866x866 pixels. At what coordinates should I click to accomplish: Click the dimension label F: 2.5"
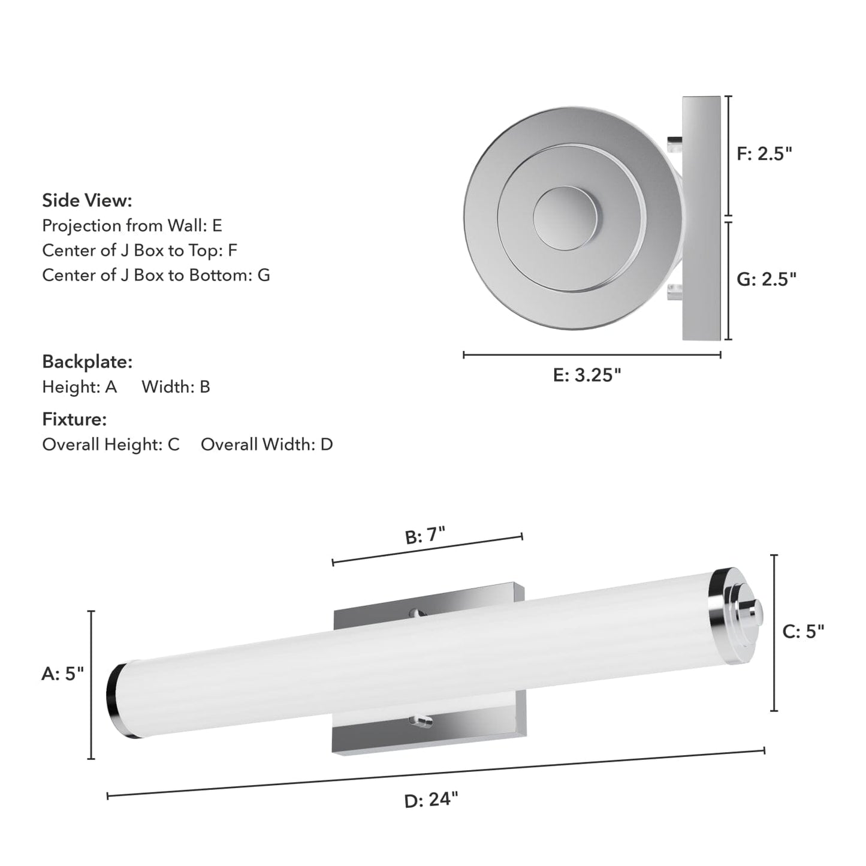point(764,154)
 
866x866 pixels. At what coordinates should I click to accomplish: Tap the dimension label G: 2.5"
point(766,279)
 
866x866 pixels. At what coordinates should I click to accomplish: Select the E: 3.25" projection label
point(587,375)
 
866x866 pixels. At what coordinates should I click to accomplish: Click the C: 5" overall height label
point(803,631)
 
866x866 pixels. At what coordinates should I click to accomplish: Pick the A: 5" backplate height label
point(62,674)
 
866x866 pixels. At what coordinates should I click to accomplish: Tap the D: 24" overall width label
point(431,799)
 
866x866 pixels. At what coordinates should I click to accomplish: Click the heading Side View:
point(87,201)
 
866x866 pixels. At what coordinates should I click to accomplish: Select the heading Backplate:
point(87,362)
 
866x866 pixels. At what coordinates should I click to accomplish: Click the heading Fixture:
point(74,420)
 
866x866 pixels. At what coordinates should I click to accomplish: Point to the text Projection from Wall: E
point(132,226)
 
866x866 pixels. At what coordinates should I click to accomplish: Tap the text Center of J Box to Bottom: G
point(156,275)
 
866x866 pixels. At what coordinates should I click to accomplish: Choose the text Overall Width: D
point(267,445)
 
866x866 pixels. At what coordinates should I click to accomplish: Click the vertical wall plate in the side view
point(702,218)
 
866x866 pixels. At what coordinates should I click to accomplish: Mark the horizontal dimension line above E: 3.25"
point(592,355)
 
